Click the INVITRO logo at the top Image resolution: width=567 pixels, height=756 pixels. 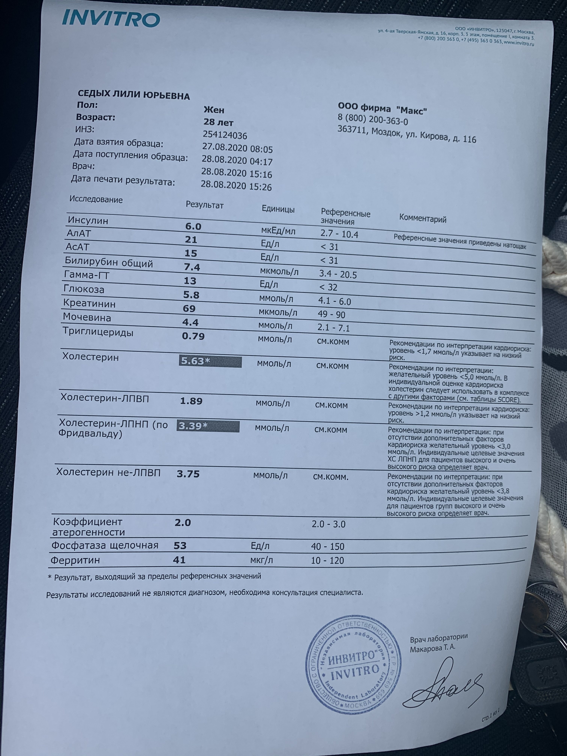click(x=111, y=19)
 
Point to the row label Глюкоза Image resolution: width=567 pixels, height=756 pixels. click(x=84, y=289)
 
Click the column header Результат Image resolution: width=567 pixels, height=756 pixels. click(x=204, y=205)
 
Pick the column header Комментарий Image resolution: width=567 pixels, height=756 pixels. click(x=423, y=219)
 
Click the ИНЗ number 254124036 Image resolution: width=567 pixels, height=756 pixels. click(x=225, y=135)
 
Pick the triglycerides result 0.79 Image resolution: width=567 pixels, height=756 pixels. click(x=193, y=336)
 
